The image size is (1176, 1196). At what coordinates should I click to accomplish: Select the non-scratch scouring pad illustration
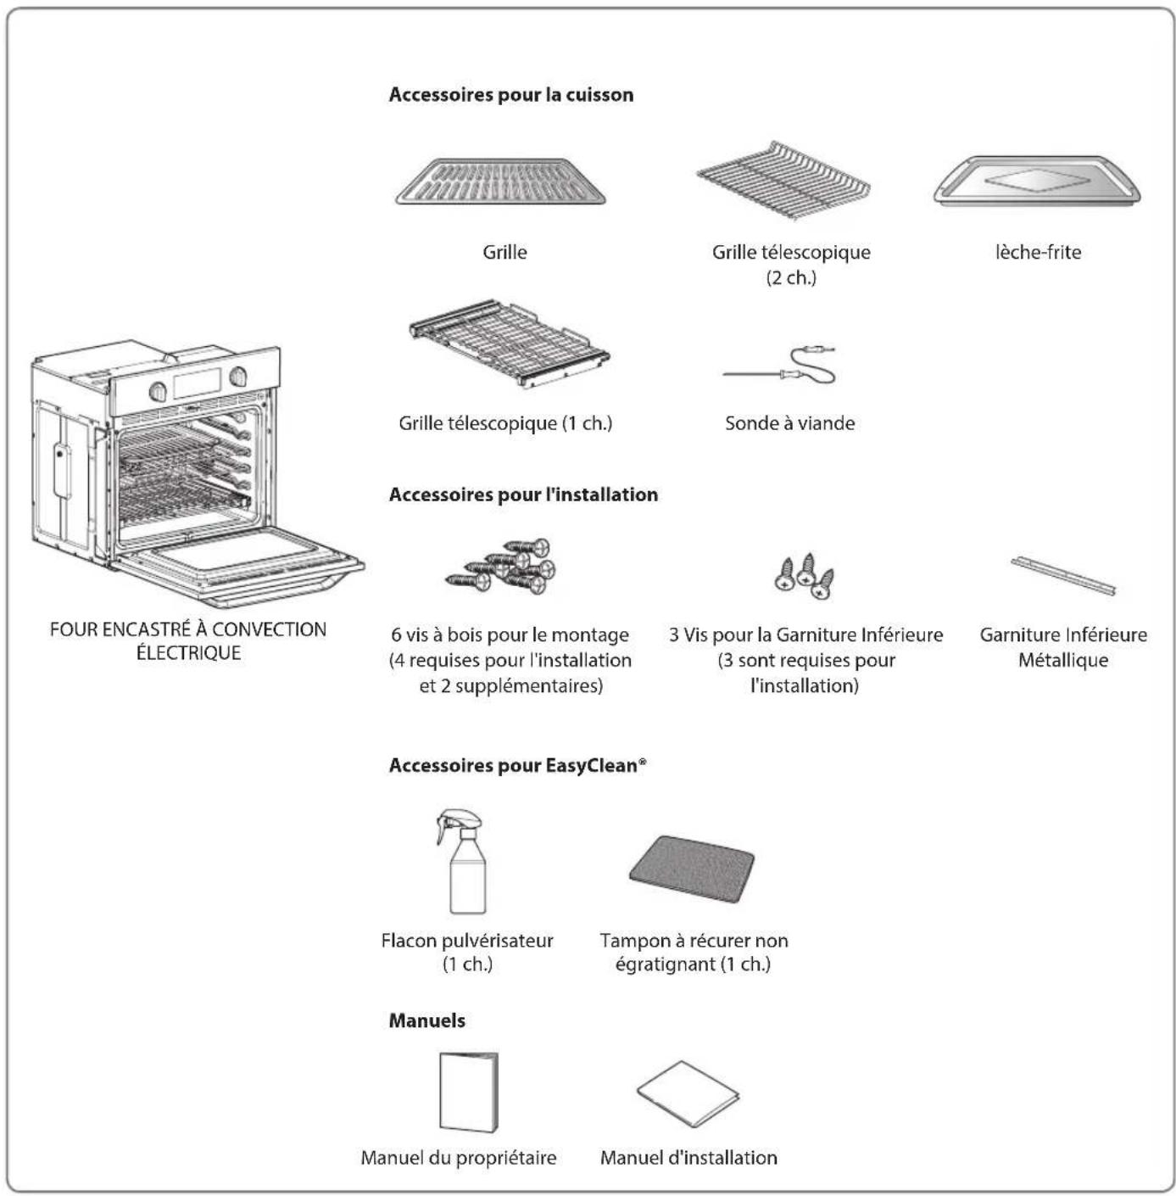(x=692, y=867)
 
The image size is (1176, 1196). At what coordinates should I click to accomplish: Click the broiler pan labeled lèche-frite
(x=1037, y=182)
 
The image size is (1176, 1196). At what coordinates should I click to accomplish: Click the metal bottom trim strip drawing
(x=1063, y=575)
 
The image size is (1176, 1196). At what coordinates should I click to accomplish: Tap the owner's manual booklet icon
(x=468, y=1093)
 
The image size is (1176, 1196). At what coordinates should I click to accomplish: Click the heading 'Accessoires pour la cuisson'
(x=510, y=95)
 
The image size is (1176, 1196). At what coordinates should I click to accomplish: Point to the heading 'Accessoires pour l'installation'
(x=523, y=495)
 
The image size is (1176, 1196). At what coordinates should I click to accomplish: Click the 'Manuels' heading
(x=426, y=1020)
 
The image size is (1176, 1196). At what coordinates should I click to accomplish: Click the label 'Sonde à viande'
(x=789, y=423)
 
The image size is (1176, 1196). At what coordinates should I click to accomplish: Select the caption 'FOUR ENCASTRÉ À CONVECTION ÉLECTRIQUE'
(x=188, y=640)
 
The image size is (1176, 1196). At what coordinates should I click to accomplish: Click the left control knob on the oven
(x=158, y=391)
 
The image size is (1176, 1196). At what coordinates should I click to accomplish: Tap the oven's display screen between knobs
(x=198, y=383)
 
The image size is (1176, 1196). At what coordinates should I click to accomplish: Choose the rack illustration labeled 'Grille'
(x=501, y=182)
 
